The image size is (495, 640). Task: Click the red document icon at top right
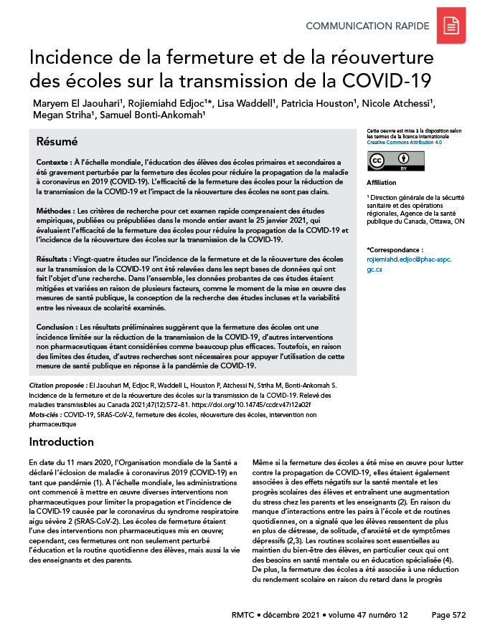coord(451,26)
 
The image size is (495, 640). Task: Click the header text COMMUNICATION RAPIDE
coord(367,27)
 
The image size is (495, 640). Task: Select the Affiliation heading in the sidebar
coord(381,183)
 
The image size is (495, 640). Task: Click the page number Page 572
coord(451,614)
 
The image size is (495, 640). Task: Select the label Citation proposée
coord(57,386)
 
